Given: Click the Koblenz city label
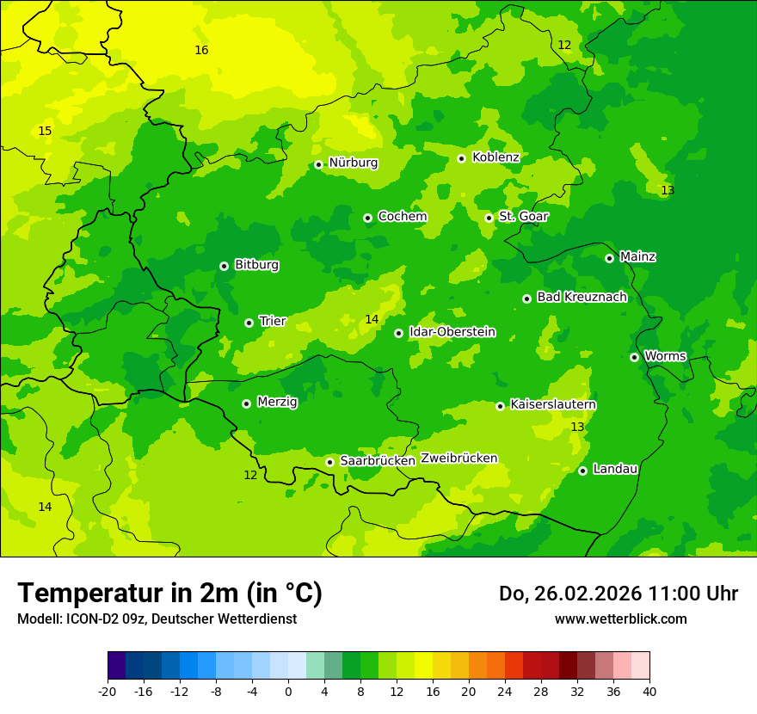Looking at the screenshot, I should click(495, 157).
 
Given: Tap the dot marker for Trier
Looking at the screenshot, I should click(249, 323).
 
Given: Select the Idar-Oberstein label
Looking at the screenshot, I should click(452, 331).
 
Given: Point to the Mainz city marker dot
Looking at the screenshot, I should click(609, 258).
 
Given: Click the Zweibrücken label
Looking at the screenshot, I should click(459, 458).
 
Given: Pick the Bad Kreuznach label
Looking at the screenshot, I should click(582, 297).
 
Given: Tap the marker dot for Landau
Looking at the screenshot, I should click(582, 471).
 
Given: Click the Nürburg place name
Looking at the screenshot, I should click(353, 163).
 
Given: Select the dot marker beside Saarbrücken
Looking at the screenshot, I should click(329, 462).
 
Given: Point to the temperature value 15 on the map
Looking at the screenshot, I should click(45, 131).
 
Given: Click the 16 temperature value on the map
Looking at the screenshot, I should click(201, 50).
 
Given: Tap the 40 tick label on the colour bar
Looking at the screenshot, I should click(649, 692).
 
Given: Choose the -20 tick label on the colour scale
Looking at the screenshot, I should click(108, 692).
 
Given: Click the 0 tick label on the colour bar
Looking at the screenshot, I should click(288, 692).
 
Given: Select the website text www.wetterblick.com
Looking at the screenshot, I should click(620, 619).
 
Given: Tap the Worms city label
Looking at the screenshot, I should click(665, 355).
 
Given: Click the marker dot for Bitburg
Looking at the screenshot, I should click(224, 266).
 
